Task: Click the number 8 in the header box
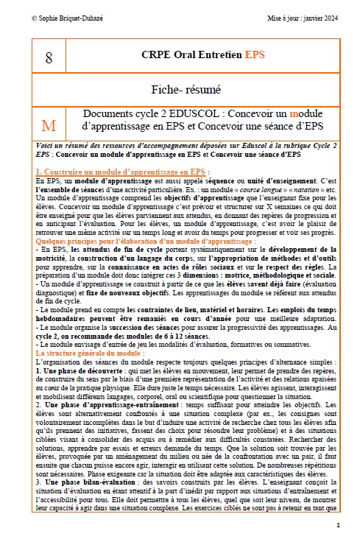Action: tap(49, 56)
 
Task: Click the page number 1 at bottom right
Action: tap(338, 525)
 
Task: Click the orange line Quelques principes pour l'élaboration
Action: tap(116, 241)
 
